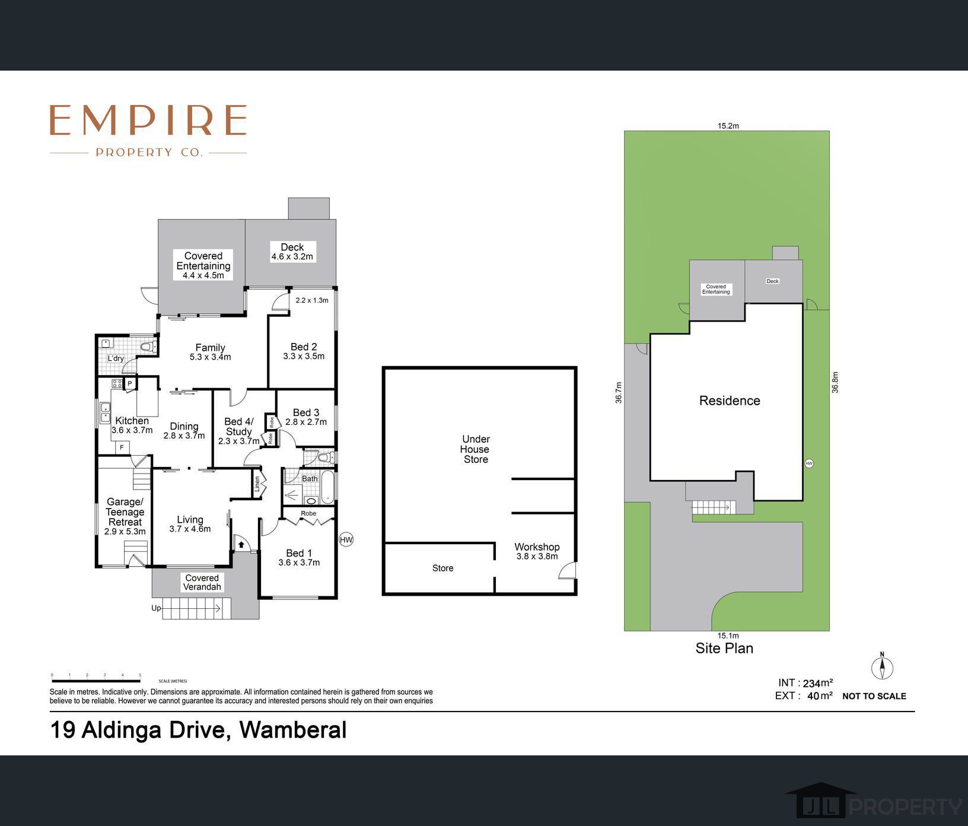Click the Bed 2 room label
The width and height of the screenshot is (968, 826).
304,351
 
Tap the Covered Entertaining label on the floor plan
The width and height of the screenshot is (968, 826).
203,265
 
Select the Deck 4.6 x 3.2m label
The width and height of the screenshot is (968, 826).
292,252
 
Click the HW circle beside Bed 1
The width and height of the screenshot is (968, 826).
346,539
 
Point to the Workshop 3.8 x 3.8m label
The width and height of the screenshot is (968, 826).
537,551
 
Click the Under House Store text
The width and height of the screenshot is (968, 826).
476,449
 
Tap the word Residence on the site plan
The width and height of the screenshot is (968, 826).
730,401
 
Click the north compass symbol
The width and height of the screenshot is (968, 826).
882,668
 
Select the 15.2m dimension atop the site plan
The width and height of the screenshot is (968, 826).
728,126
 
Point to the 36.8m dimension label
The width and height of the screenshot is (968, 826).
835,382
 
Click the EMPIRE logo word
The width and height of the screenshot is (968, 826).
148,120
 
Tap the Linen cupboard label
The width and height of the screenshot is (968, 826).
257,484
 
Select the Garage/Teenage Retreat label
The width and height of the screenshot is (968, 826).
125,516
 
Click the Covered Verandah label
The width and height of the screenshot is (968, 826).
202,582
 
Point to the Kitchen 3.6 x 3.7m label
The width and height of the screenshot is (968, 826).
132,425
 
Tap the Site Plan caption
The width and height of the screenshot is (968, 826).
724,648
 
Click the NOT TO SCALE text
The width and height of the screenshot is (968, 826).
874,696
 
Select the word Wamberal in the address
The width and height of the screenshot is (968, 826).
292,730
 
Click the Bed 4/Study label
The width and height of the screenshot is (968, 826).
238,431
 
